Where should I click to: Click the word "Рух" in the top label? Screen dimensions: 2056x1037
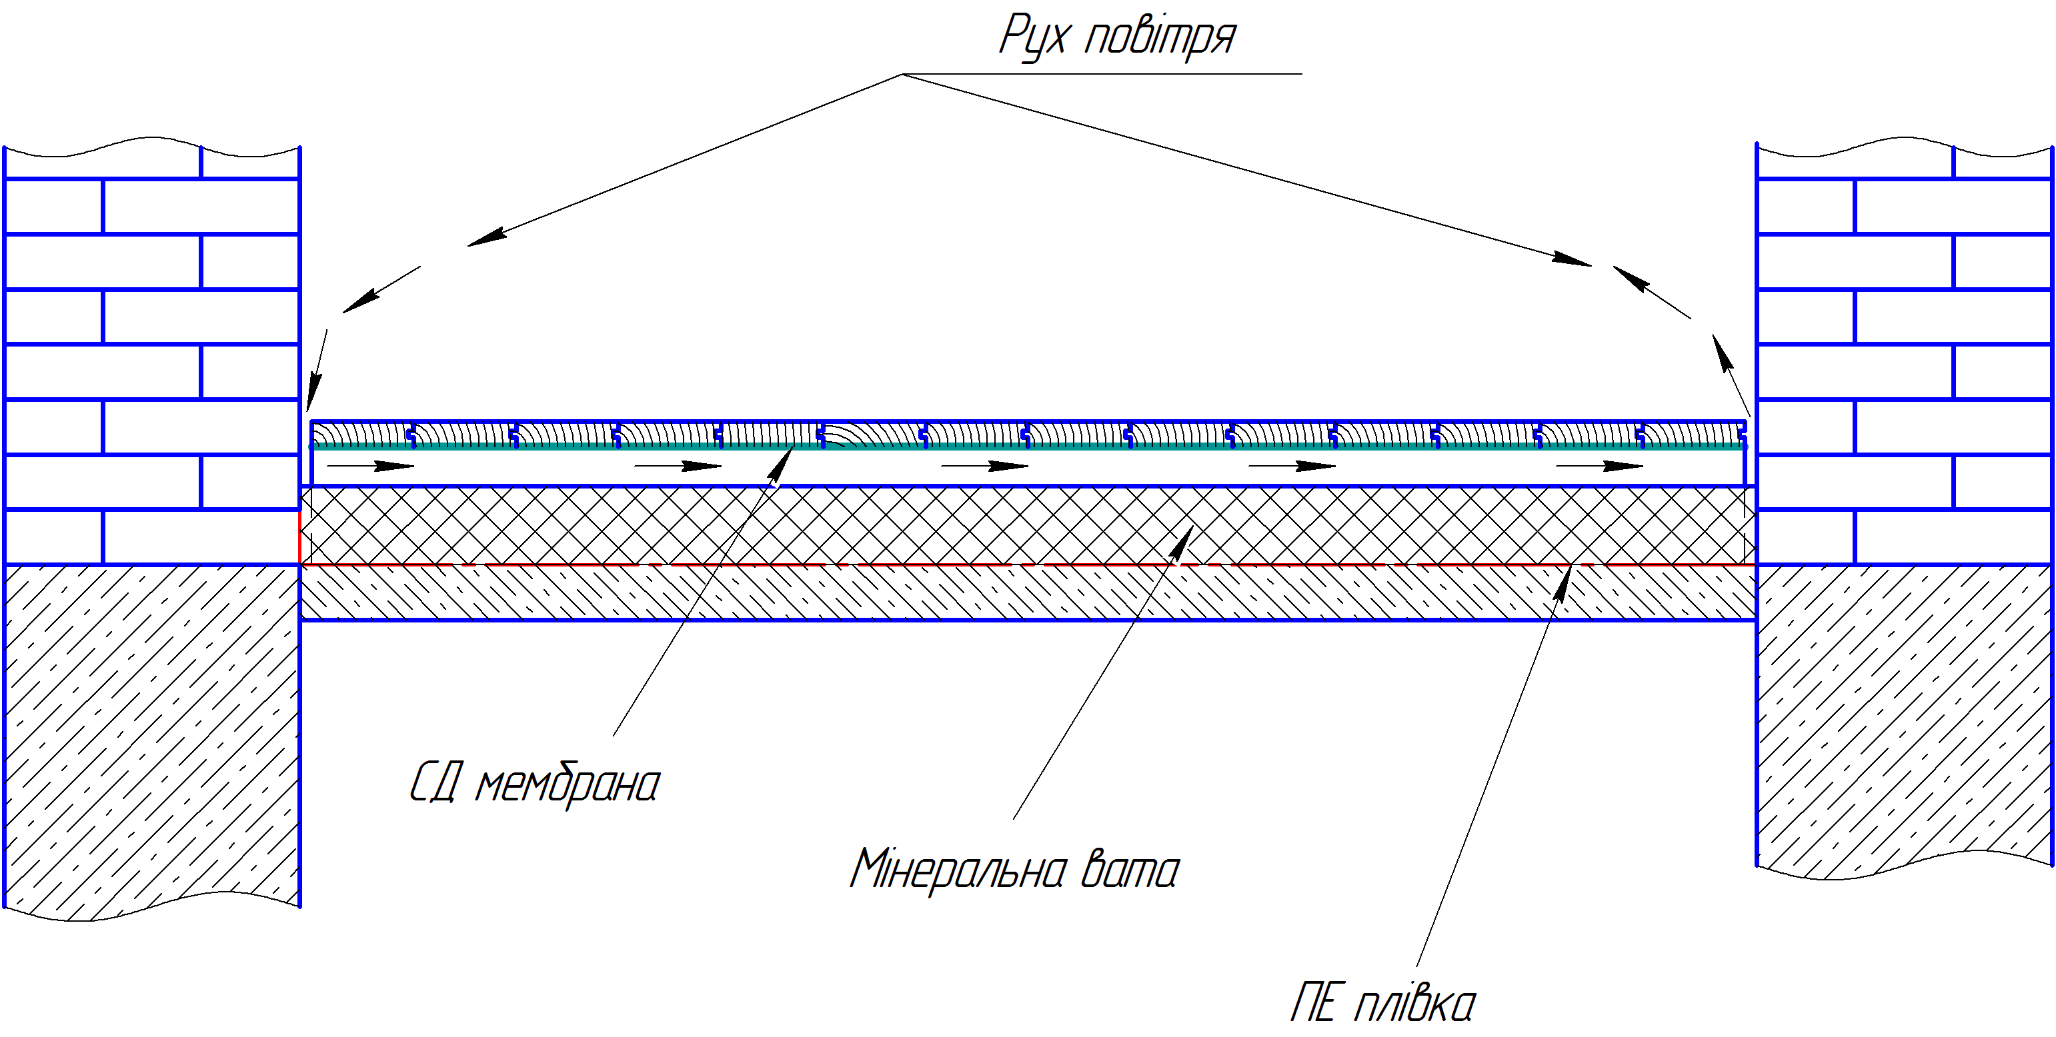pos(1034,37)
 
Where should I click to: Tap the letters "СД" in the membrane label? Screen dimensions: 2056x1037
pos(435,782)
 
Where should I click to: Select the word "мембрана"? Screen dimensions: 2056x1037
pos(568,785)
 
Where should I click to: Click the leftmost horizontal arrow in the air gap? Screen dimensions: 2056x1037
pos(371,466)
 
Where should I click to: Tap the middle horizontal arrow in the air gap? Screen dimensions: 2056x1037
pos(985,466)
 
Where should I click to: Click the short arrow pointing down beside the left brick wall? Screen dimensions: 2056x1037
pos(317,371)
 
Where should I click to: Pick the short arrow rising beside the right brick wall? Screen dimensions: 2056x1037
pos(1731,375)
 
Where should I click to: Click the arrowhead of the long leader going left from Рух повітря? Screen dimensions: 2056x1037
pos(486,237)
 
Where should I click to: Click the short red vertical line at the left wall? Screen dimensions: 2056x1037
pos(300,538)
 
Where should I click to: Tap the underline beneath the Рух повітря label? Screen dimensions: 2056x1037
pos(1102,74)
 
